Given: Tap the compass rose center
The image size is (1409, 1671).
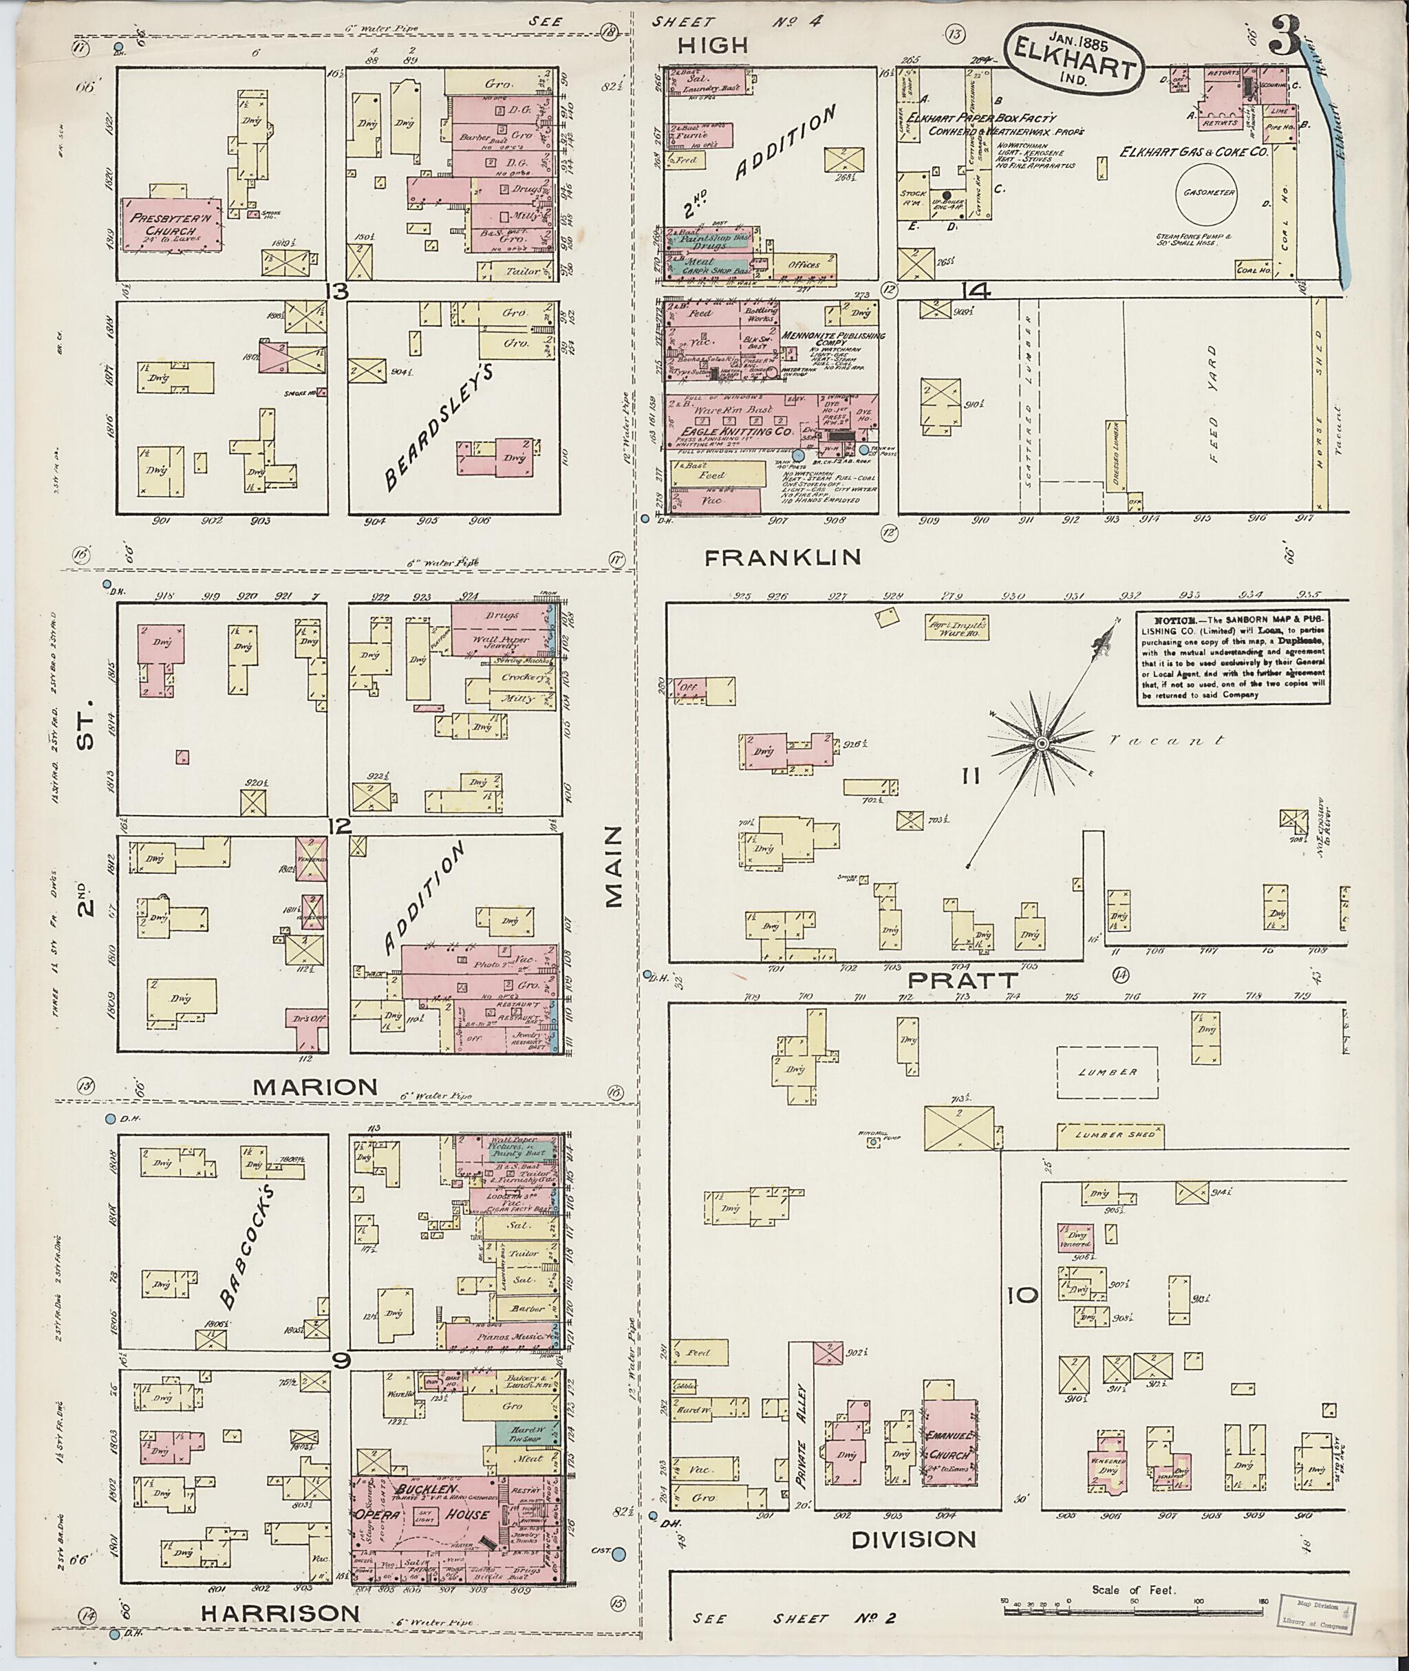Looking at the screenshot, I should pyautogui.click(x=1042, y=744).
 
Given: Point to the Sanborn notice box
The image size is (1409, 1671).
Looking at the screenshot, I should pyautogui.click(x=1236, y=659).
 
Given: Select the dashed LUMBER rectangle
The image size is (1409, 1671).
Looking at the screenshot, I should pyautogui.click(x=1107, y=1072).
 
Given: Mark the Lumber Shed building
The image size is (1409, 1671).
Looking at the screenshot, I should pyautogui.click(x=1110, y=1135).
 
